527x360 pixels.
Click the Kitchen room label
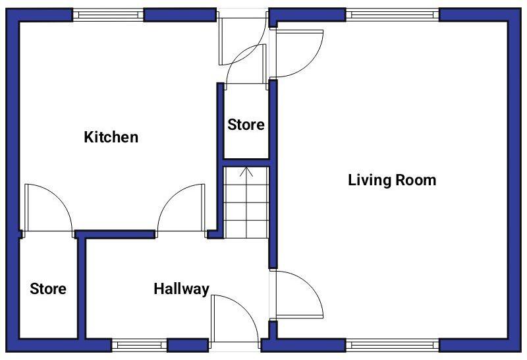111,137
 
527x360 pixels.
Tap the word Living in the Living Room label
370,180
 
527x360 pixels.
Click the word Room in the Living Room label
415,180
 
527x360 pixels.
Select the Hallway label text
181,289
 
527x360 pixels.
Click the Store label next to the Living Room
246,125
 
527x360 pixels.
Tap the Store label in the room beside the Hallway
48,289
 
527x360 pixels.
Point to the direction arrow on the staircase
247,173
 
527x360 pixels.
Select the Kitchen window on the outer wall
108,15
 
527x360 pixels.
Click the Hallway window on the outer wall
139,344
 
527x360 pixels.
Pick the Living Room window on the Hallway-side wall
393,344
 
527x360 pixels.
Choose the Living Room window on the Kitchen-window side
393,15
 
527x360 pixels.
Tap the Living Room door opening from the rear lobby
298,53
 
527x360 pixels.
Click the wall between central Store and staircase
247,160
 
